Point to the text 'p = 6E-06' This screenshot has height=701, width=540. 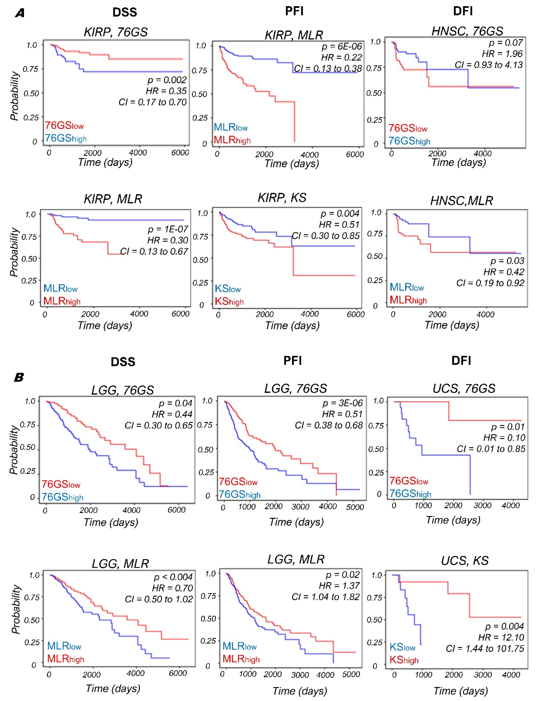click(342, 47)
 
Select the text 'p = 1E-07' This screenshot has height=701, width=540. click(168, 229)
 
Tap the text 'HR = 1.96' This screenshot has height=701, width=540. click(502, 54)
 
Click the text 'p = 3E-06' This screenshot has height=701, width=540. click(342, 403)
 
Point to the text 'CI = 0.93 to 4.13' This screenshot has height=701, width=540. click(488, 65)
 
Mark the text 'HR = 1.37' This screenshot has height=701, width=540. click(339, 586)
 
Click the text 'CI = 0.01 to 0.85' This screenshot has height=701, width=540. click(491, 449)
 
